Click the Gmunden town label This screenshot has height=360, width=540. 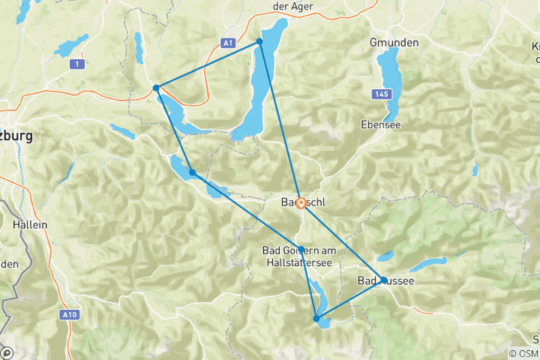pyautogui.click(x=394, y=43)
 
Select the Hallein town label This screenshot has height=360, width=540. pyautogui.click(x=30, y=224)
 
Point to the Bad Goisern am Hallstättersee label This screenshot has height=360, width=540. pyautogui.click(x=301, y=255)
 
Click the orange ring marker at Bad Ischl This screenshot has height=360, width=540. pyautogui.click(x=301, y=202)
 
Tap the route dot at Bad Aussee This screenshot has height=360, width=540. pyautogui.click(x=383, y=280)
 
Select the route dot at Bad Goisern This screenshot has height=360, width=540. pyautogui.click(x=301, y=250)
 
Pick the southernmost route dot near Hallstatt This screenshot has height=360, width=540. pyautogui.click(x=316, y=319)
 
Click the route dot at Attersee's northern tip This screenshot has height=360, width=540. pyautogui.click(x=260, y=41)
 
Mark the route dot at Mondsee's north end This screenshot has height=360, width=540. pyautogui.click(x=156, y=88)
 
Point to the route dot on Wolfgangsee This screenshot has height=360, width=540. pyautogui.click(x=193, y=172)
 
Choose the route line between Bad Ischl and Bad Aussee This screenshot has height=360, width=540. pyautogui.click(x=342, y=241)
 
